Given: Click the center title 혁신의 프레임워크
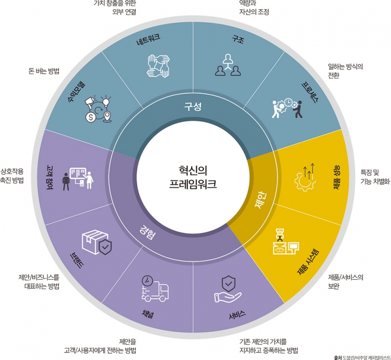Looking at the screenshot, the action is [193, 177].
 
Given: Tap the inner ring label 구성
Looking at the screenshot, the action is [193, 107].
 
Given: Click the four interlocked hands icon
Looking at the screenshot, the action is [159, 66].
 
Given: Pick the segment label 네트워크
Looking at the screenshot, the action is [148, 40].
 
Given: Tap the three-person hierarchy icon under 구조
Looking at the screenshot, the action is [228, 65].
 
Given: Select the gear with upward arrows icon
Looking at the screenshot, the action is [305, 177].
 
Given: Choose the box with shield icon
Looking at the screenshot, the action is [96, 242].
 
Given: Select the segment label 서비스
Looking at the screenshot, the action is [237, 315].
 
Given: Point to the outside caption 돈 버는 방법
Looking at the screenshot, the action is [44, 71].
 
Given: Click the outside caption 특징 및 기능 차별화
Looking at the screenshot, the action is [375, 177].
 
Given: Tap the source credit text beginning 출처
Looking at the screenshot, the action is [362, 357].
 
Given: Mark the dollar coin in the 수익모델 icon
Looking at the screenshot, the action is [91, 117].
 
